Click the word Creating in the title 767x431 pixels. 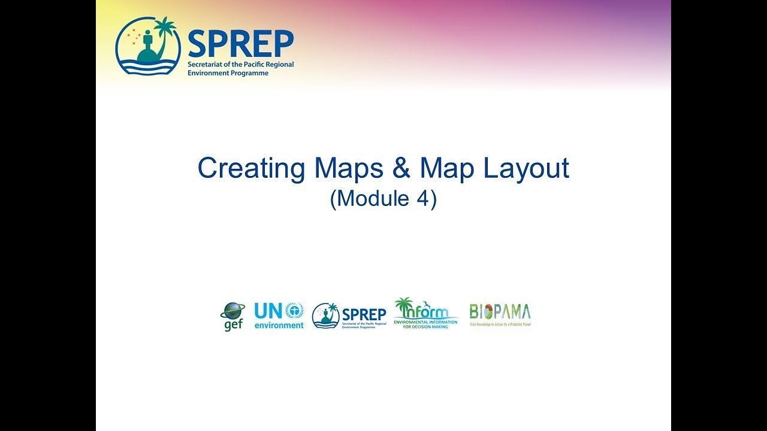click(251, 169)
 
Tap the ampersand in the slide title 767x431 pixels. click(401, 169)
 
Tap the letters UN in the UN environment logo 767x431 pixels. click(268, 311)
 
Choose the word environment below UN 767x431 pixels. click(279, 325)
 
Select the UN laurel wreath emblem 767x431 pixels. click(294, 310)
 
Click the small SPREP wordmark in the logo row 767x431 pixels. click(364, 314)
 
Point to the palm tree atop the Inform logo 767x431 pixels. click(404, 306)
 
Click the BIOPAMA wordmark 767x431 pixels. click(500, 312)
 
